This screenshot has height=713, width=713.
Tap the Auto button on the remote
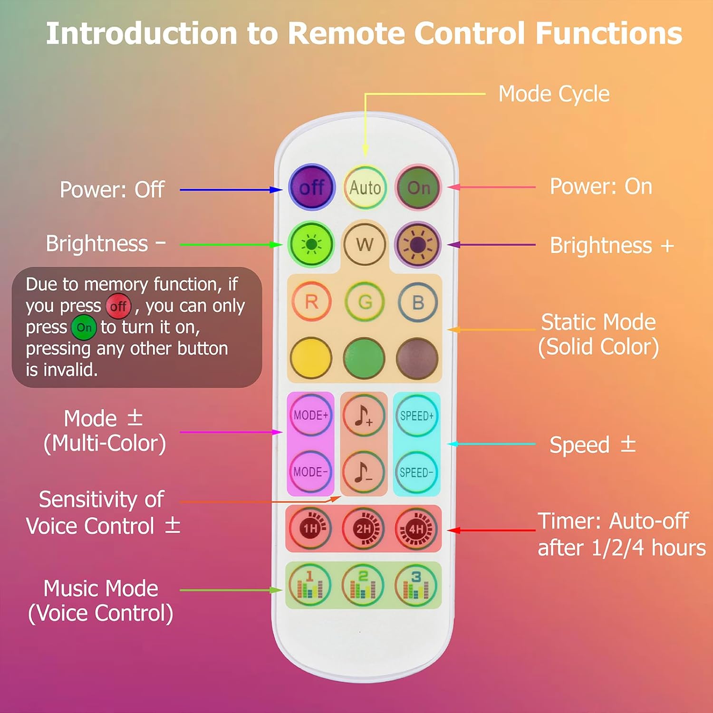365,188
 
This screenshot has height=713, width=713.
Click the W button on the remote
365,245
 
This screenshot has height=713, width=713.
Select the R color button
311,302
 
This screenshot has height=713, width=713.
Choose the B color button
418,302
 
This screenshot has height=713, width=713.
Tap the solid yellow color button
311,358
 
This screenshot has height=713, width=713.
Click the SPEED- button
416,472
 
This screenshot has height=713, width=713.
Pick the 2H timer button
364,529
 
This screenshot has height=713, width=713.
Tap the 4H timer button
416,529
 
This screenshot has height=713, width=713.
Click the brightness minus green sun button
311,245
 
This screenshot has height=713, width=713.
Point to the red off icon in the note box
118,306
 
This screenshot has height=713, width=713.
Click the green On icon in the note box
84,328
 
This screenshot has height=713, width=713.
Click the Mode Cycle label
554,94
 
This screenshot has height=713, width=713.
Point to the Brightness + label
612,246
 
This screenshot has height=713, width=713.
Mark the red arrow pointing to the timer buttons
492,530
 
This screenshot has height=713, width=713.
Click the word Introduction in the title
141,34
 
